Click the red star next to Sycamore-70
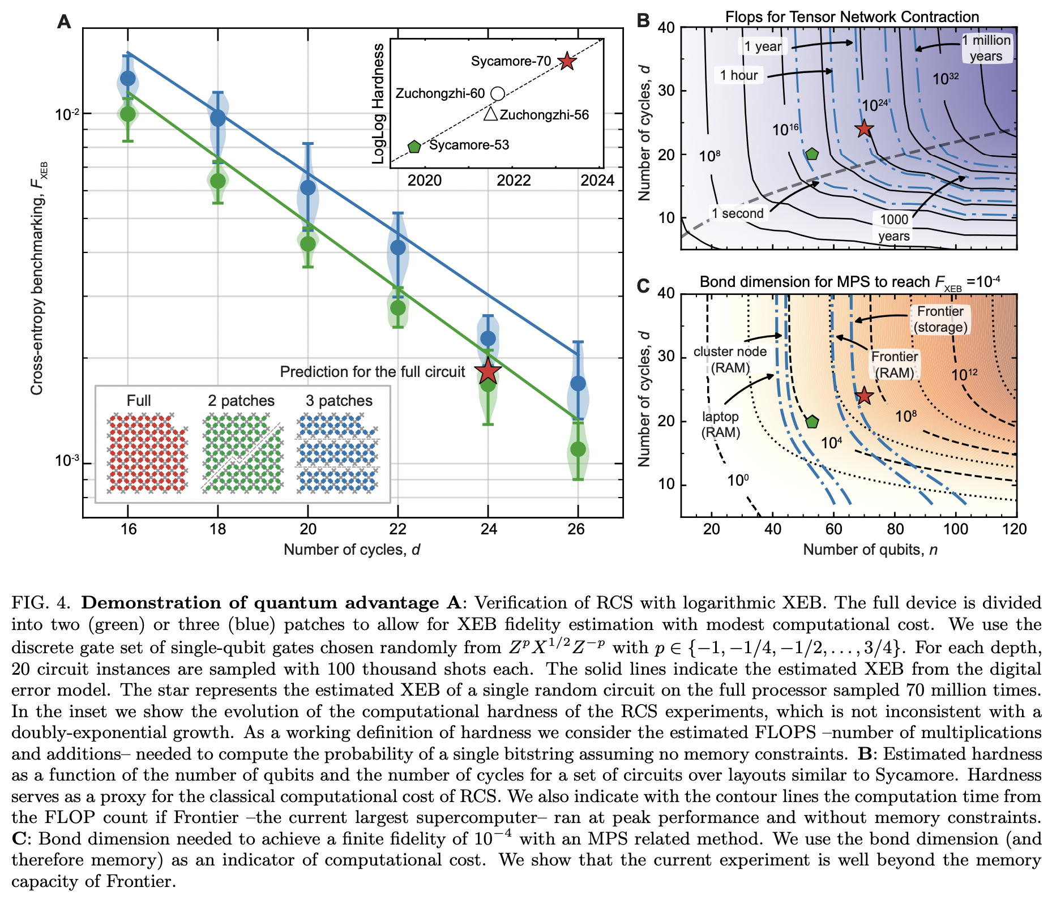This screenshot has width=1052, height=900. tap(567, 61)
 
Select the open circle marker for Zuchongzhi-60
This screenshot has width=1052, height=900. tap(497, 93)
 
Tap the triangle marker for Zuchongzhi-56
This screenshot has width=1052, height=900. tap(490, 114)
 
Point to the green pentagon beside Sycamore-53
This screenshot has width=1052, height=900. tap(414, 147)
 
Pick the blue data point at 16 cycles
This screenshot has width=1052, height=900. tap(128, 78)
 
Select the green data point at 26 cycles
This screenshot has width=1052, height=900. tap(578, 449)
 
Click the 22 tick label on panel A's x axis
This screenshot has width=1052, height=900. tap(398, 529)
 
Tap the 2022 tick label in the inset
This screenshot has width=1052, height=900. tap(514, 181)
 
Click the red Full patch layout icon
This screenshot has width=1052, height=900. tap(147, 453)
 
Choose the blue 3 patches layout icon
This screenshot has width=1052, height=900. tap(338, 453)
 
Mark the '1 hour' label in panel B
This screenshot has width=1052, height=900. tap(739, 75)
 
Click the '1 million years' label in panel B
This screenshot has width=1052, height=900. tap(986, 48)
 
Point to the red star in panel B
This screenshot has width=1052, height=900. tap(863, 129)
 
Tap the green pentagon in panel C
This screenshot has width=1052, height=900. tap(812, 422)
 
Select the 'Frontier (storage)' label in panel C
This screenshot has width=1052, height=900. tap(940, 319)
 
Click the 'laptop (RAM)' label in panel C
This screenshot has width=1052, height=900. tap(720, 425)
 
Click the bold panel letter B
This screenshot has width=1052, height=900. tap(643, 21)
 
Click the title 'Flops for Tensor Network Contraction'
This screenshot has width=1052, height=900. tap(852, 17)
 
